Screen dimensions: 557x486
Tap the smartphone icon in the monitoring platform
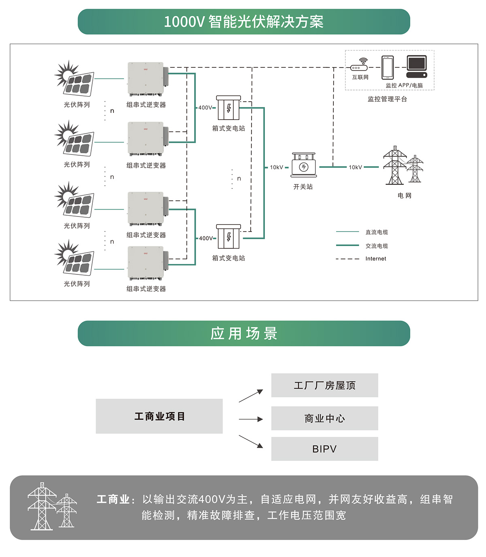click(x=388, y=68)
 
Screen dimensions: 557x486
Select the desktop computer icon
click(x=417, y=66)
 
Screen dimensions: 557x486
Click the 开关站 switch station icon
click(x=303, y=165)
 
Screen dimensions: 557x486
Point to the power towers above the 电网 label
click(x=403, y=165)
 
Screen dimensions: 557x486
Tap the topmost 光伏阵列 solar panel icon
click(x=75, y=79)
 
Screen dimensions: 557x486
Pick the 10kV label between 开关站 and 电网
click(x=355, y=167)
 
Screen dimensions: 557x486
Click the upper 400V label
click(x=205, y=107)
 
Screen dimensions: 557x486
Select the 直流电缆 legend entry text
click(x=377, y=232)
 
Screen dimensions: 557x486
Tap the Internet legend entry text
click(x=375, y=259)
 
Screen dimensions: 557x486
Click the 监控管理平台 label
click(x=387, y=99)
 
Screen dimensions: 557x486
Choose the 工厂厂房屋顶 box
click(x=324, y=385)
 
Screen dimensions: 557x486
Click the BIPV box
click(x=324, y=449)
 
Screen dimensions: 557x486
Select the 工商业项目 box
click(x=159, y=416)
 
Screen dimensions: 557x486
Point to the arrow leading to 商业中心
click(x=251, y=419)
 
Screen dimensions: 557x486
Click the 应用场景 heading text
click(x=244, y=333)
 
